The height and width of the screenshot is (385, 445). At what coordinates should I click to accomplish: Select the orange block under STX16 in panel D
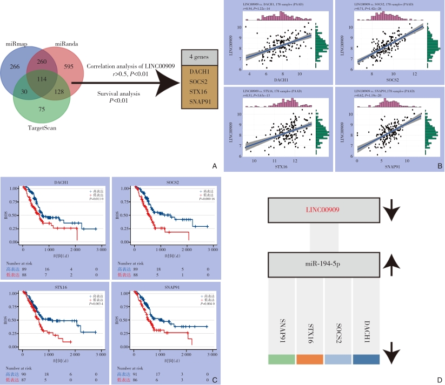[x=310, y=359]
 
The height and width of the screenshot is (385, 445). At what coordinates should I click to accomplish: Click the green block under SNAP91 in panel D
[x=281, y=359]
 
